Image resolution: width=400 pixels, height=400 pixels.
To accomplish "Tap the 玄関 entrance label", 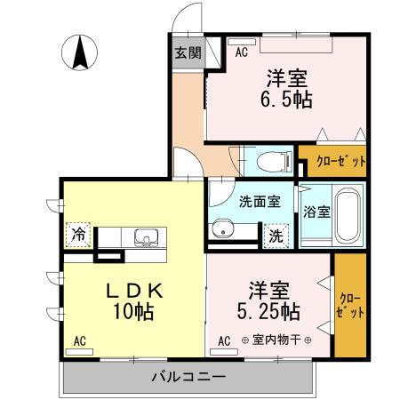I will click(x=187, y=52).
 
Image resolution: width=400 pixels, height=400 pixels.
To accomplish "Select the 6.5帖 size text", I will click(x=286, y=100).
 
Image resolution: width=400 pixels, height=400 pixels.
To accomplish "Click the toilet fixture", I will click(x=270, y=162).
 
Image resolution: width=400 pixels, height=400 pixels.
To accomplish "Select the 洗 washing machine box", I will click(x=276, y=236).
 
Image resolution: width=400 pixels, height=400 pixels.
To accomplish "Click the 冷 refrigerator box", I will click(x=79, y=236).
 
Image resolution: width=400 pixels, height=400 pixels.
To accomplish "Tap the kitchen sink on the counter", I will click(x=146, y=237).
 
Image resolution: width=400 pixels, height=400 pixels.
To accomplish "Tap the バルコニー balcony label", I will click(x=187, y=376).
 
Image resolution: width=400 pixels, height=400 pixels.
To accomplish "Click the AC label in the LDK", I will click(x=80, y=340).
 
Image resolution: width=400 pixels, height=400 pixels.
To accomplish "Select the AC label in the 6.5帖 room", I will click(x=241, y=53).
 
